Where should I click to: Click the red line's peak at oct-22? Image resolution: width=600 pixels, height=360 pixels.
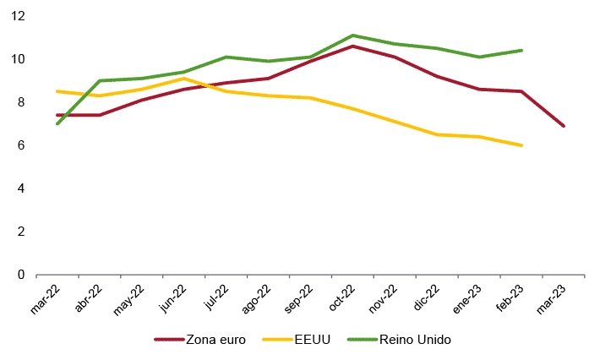click(x=352, y=46)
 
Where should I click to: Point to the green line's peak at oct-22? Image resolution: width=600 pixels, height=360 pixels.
click(x=352, y=35)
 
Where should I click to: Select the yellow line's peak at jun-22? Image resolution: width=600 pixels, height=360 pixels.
click(x=184, y=79)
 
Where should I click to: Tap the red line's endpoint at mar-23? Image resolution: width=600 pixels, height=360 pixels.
click(x=564, y=126)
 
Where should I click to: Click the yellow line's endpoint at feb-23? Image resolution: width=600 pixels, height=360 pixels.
click(x=521, y=145)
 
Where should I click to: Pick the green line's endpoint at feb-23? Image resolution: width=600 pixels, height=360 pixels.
click(x=521, y=50)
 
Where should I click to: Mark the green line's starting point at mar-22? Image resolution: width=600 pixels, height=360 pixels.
click(x=57, y=123)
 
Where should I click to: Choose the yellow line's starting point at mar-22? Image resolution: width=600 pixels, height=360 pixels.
click(x=57, y=91)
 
